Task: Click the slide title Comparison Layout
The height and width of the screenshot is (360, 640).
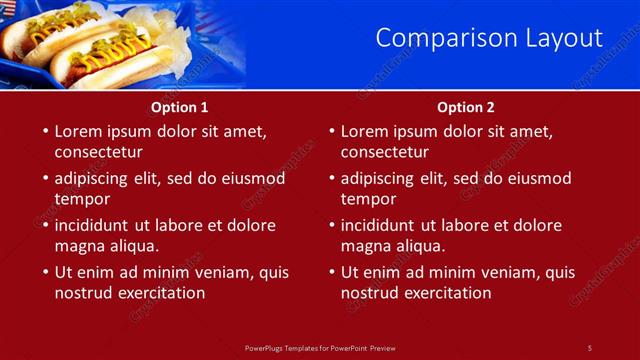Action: click(489, 38)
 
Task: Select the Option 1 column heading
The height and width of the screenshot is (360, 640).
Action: click(180, 107)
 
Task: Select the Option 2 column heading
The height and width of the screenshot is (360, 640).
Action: click(466, 107)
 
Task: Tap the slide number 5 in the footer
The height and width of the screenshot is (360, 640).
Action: click(589, 347)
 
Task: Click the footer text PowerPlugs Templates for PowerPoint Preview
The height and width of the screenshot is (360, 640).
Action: click(320, 347)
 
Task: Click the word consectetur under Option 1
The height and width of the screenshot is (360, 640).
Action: click(98, 153)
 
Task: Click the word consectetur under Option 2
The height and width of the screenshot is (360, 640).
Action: click(384, 153)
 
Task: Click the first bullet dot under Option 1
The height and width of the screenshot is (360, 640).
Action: click(45, 131)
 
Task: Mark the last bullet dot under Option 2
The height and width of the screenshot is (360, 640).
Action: click(331, 272)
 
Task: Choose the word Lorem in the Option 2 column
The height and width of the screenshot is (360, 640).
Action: click(365, 131)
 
